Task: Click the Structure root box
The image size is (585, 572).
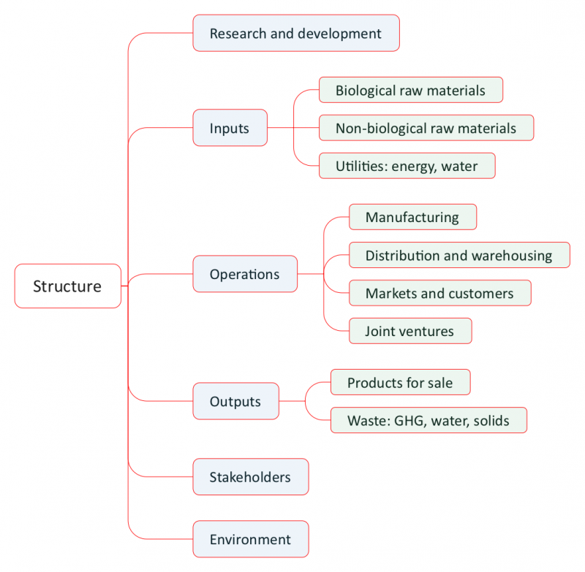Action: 67,286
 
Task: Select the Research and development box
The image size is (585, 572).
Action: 295,34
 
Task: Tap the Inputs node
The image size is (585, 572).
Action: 230,129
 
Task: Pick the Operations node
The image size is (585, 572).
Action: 244,275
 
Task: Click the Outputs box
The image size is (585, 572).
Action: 235,402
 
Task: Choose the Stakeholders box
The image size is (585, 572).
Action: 250,477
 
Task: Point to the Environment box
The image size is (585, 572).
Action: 250,540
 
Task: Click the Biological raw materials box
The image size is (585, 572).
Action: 410,91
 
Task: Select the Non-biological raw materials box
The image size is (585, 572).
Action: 426,129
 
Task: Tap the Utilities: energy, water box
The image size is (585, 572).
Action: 407,166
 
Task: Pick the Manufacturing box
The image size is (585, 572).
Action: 412,217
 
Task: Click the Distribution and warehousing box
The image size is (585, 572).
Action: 458,256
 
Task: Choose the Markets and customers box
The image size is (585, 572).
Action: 439,294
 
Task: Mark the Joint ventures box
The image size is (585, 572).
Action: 409,331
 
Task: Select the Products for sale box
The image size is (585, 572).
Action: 400,383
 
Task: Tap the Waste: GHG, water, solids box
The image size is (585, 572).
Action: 428,421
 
